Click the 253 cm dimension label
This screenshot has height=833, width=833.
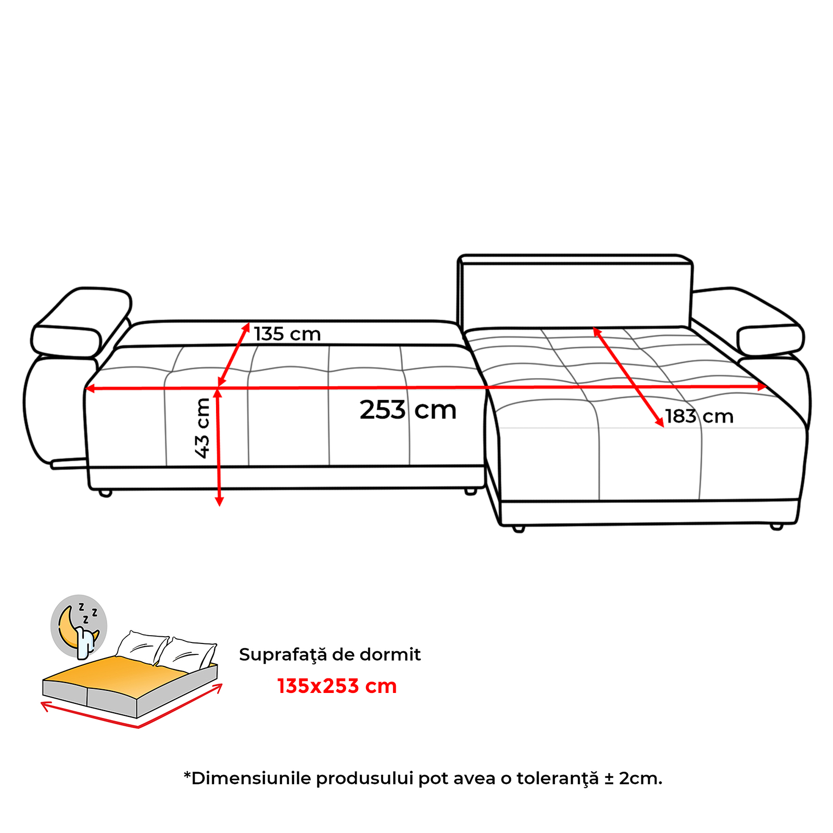point(408,410)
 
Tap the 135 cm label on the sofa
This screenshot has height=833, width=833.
point(287,334)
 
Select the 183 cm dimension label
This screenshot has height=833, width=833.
point(699,416)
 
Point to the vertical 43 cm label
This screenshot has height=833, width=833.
point(202,428)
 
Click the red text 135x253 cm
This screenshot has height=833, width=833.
point(337,686)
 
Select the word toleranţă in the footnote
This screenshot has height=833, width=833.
point(558,779)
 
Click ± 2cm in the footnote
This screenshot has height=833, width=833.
point(634,779)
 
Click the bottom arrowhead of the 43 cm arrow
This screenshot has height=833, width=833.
point(219,501)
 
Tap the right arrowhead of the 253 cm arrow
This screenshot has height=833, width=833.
point(762,386)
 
